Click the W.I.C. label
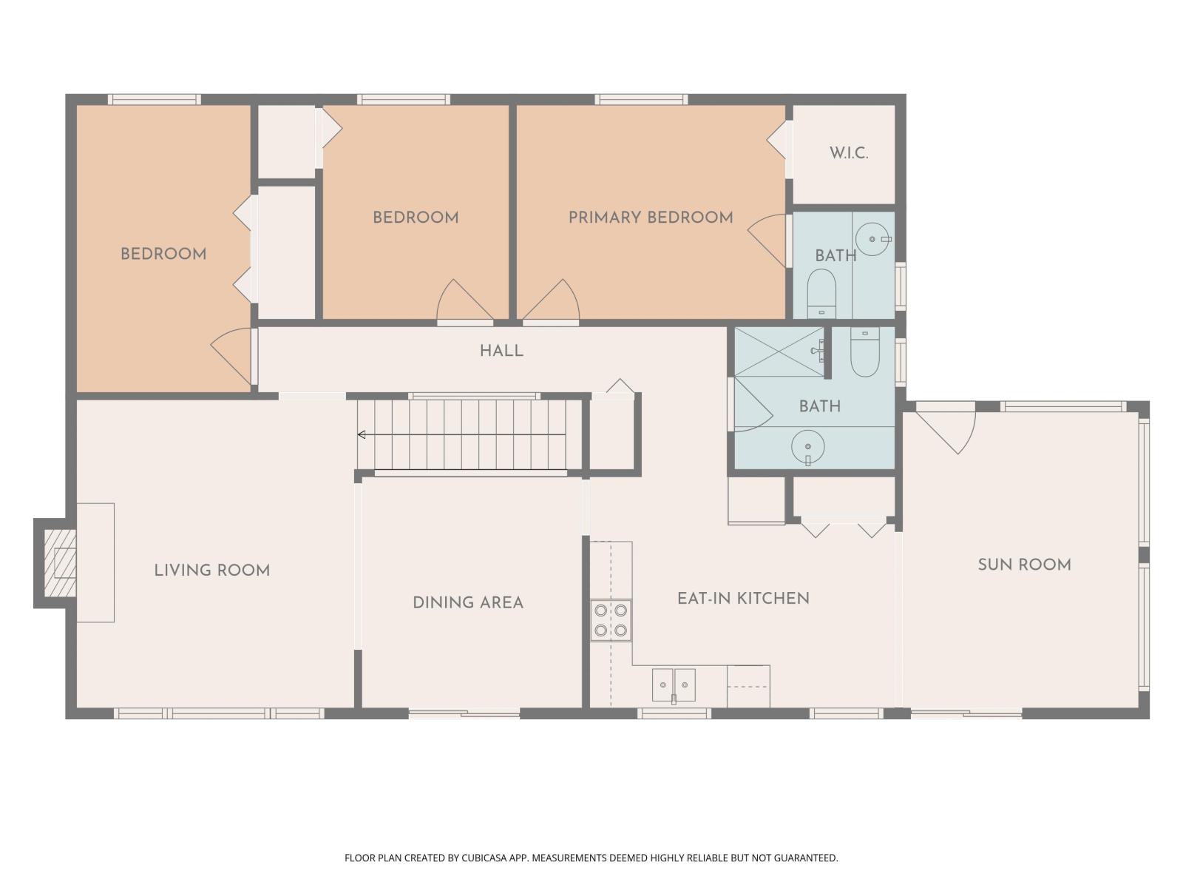(848, 153)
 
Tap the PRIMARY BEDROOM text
(650, 218)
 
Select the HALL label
(501, 351)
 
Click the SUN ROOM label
(1024, 565)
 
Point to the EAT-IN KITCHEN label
(743, 599)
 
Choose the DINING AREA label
(467, 602)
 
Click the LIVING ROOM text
(211, 571)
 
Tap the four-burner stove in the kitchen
(611, 620)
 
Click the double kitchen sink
(674, 684)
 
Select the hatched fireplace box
(60, 563)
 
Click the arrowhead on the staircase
(362, 434)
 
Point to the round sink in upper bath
(873, 239)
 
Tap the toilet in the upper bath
(821, 292)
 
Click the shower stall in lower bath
(779, 351)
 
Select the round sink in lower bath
(808, 447)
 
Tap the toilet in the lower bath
(864, 352)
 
